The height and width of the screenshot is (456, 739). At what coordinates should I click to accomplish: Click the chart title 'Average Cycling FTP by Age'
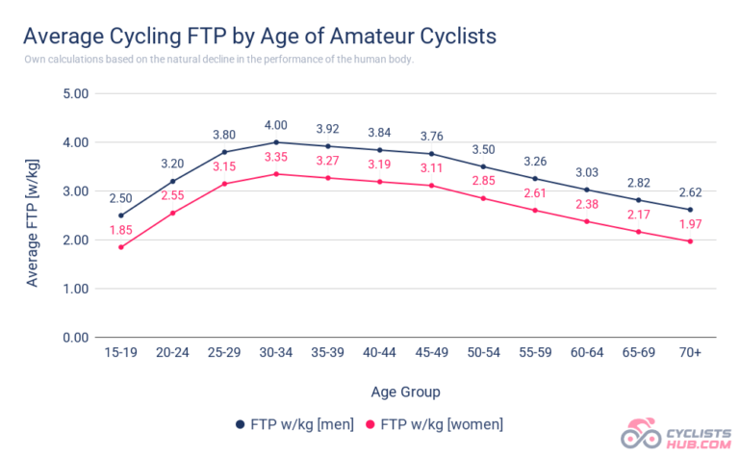(259, 37)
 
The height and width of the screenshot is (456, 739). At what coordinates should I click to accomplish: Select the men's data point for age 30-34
(277, 142)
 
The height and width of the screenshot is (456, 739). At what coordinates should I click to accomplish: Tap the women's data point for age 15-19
(121, 247)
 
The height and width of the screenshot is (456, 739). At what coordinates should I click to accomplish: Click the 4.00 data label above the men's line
(277, 125)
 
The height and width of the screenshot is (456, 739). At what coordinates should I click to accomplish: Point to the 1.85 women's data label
(121, 230)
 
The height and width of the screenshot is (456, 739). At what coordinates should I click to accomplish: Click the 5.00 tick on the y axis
(75, 94)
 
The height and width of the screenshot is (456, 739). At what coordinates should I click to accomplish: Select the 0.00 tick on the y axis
(75, 338)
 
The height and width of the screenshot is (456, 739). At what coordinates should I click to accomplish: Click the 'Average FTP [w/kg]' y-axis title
(32, 215)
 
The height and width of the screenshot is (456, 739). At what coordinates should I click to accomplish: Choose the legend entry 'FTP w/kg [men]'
(294, 424)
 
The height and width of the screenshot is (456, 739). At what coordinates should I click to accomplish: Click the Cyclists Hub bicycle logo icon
(642, 435)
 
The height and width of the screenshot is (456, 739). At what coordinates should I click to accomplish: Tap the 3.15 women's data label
(225, 166)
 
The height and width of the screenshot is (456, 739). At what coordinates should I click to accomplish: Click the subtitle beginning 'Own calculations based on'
(218, 60)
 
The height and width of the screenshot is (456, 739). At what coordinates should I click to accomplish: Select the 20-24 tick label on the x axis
(173, 354)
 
